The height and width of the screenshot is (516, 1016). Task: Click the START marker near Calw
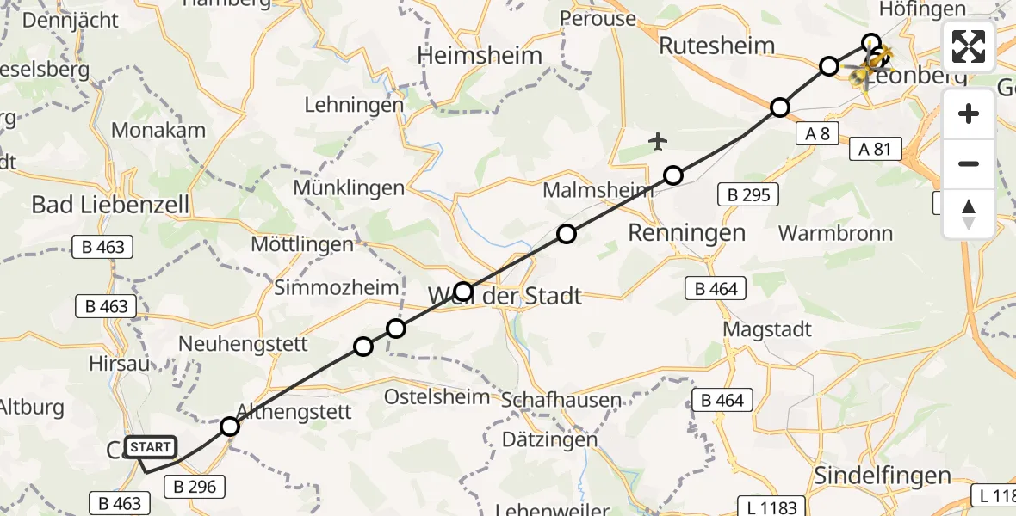(151, 447)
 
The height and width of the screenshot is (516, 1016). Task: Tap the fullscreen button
(969, 46)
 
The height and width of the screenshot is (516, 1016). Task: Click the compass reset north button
(969, 214)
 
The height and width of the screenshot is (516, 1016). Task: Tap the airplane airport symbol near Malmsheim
(659, 139)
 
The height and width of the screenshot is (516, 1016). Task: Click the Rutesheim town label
(716, 46)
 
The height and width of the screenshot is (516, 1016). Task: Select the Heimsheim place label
(480, 56)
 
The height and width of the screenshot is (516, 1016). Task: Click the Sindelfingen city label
(883, 476)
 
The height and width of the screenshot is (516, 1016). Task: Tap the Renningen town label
(686, 232)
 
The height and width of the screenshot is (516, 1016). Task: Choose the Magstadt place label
(767, 329)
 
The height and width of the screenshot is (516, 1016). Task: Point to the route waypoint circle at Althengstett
(229, 427)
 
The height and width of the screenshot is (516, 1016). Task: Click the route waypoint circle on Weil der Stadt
(463, 292)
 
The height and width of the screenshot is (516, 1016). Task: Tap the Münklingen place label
(349, 187)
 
